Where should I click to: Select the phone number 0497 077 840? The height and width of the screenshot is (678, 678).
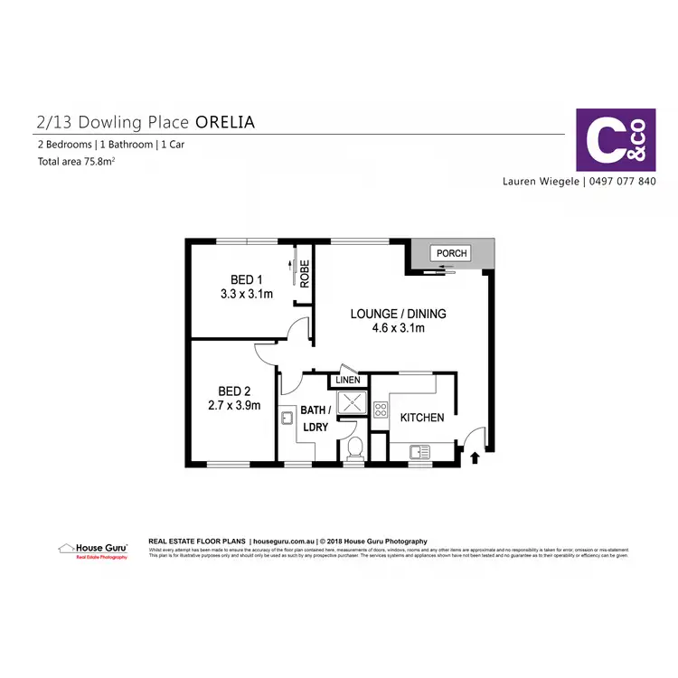point(622,181)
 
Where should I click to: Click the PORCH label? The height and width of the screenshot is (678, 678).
point(452,253)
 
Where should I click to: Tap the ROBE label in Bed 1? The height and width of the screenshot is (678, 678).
point(305,273)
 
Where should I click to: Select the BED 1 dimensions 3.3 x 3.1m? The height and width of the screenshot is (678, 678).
point(246,294)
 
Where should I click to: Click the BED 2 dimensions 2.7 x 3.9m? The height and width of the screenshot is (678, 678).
point(233,406)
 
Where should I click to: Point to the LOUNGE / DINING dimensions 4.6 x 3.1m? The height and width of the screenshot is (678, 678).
point(399,328)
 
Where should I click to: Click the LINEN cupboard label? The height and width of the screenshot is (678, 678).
point(347,381)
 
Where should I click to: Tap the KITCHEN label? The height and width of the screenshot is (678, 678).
point(422,418)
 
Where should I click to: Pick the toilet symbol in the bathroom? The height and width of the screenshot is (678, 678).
point(355,447)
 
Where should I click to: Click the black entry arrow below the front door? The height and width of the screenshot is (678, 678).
point(476,457)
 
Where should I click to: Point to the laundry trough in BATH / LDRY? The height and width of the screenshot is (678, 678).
point(287,418)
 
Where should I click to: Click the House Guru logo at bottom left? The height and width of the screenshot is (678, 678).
point(93,551)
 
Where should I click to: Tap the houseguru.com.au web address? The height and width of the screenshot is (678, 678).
point(284,541)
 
